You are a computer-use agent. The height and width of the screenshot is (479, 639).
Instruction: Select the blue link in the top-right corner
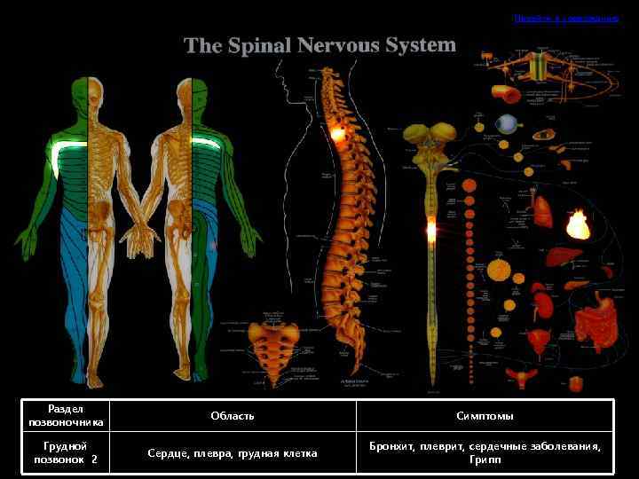coord(566,19)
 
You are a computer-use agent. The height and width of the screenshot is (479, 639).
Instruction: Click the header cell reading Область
coord(233,416)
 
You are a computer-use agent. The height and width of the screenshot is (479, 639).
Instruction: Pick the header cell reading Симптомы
coord(485,416)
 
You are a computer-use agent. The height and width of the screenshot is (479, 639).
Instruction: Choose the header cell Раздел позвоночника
coord(66,416)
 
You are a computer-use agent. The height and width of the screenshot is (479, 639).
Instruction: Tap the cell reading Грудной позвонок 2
coord(66,453)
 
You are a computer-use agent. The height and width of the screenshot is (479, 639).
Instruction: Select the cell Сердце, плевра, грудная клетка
coord(233,453)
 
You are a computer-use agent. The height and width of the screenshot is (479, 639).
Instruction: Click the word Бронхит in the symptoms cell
coord(391,446)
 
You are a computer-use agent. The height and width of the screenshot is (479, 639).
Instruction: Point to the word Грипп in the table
coord(485,461)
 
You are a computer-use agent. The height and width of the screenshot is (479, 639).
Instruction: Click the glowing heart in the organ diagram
coord(578,224)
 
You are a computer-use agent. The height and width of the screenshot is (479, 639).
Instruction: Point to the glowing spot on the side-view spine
coord(338,135)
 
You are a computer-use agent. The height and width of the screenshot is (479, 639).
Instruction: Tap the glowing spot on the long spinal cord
coord(431,231)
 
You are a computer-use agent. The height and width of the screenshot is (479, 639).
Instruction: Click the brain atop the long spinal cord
coord(430,139)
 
